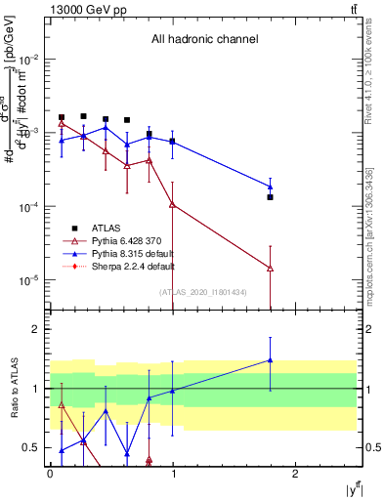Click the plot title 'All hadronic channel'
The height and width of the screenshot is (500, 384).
[204, 40]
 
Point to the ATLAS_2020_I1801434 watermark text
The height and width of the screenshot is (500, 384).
[202, 292]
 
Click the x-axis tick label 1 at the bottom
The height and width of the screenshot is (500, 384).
[173, 475]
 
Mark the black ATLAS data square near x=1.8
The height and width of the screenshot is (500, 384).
[271, 197]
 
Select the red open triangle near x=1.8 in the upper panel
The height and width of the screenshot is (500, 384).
[271, 268]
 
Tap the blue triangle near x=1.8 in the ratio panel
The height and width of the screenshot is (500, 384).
[271, 360]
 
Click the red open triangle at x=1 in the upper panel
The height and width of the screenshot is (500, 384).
[172, 204]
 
